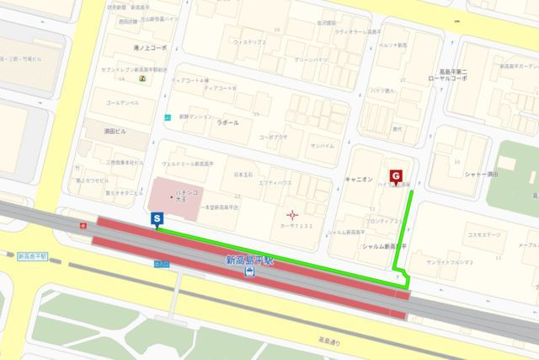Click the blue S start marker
[x=157, y=219]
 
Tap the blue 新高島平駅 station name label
[x=250, y=261]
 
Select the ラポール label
[x=228, y=122]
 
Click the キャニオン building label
[x=359, y=180]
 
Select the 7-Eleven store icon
[x=143, y=78]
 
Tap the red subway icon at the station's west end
[x=83, y=226]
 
